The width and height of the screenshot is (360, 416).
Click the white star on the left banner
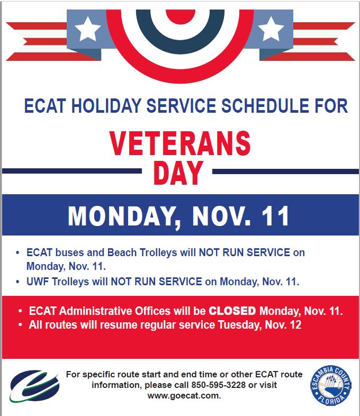(x=87, y=29)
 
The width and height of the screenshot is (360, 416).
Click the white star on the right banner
(x=271, y=29)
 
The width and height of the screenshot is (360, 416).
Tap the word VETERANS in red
(x=180, y=143)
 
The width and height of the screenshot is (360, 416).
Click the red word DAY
(x=178, y=173)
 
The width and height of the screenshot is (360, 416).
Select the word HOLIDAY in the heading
(x=106, y=106)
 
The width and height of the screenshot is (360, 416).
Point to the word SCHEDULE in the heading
(x=265, y=106)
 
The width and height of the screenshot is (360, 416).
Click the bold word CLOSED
(x=232, y=311)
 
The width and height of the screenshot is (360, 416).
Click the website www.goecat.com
(x=184, y=396)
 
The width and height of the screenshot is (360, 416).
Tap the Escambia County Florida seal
(x=331, y=385)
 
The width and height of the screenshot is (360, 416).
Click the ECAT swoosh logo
(x=34, y=386)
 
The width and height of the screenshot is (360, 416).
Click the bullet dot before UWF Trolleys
(x=17, y=282)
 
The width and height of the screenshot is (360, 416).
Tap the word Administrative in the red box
(x=114, y=311)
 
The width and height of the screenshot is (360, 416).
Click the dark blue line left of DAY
(x=71, y=171)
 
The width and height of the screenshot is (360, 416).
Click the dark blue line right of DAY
(x=285, y=171)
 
